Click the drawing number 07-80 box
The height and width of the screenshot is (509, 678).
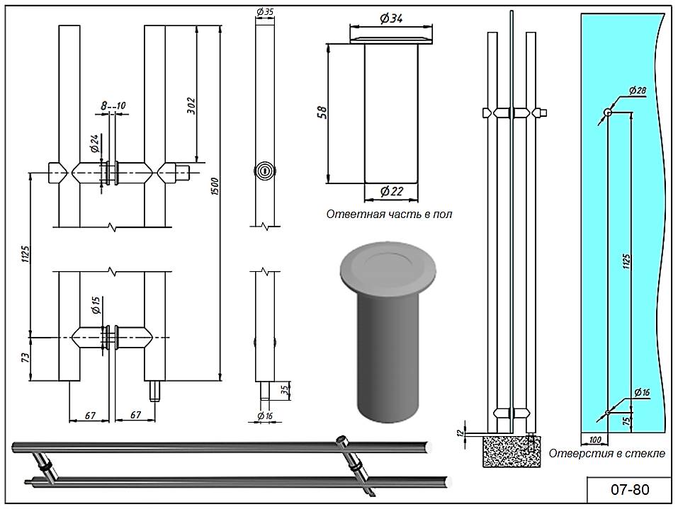click(628, 490)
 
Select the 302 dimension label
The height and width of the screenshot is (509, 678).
click(191, 105)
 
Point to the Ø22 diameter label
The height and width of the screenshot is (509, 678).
click(391, 192)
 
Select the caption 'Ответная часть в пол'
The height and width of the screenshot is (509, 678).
click(388, 214)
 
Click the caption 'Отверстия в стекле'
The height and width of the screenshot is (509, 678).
click(607, 453)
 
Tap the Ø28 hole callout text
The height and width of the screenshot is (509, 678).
click(637, 91)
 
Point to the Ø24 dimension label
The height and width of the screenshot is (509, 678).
click(94, 145)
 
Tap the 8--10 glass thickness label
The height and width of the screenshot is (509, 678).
click(113, 105)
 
